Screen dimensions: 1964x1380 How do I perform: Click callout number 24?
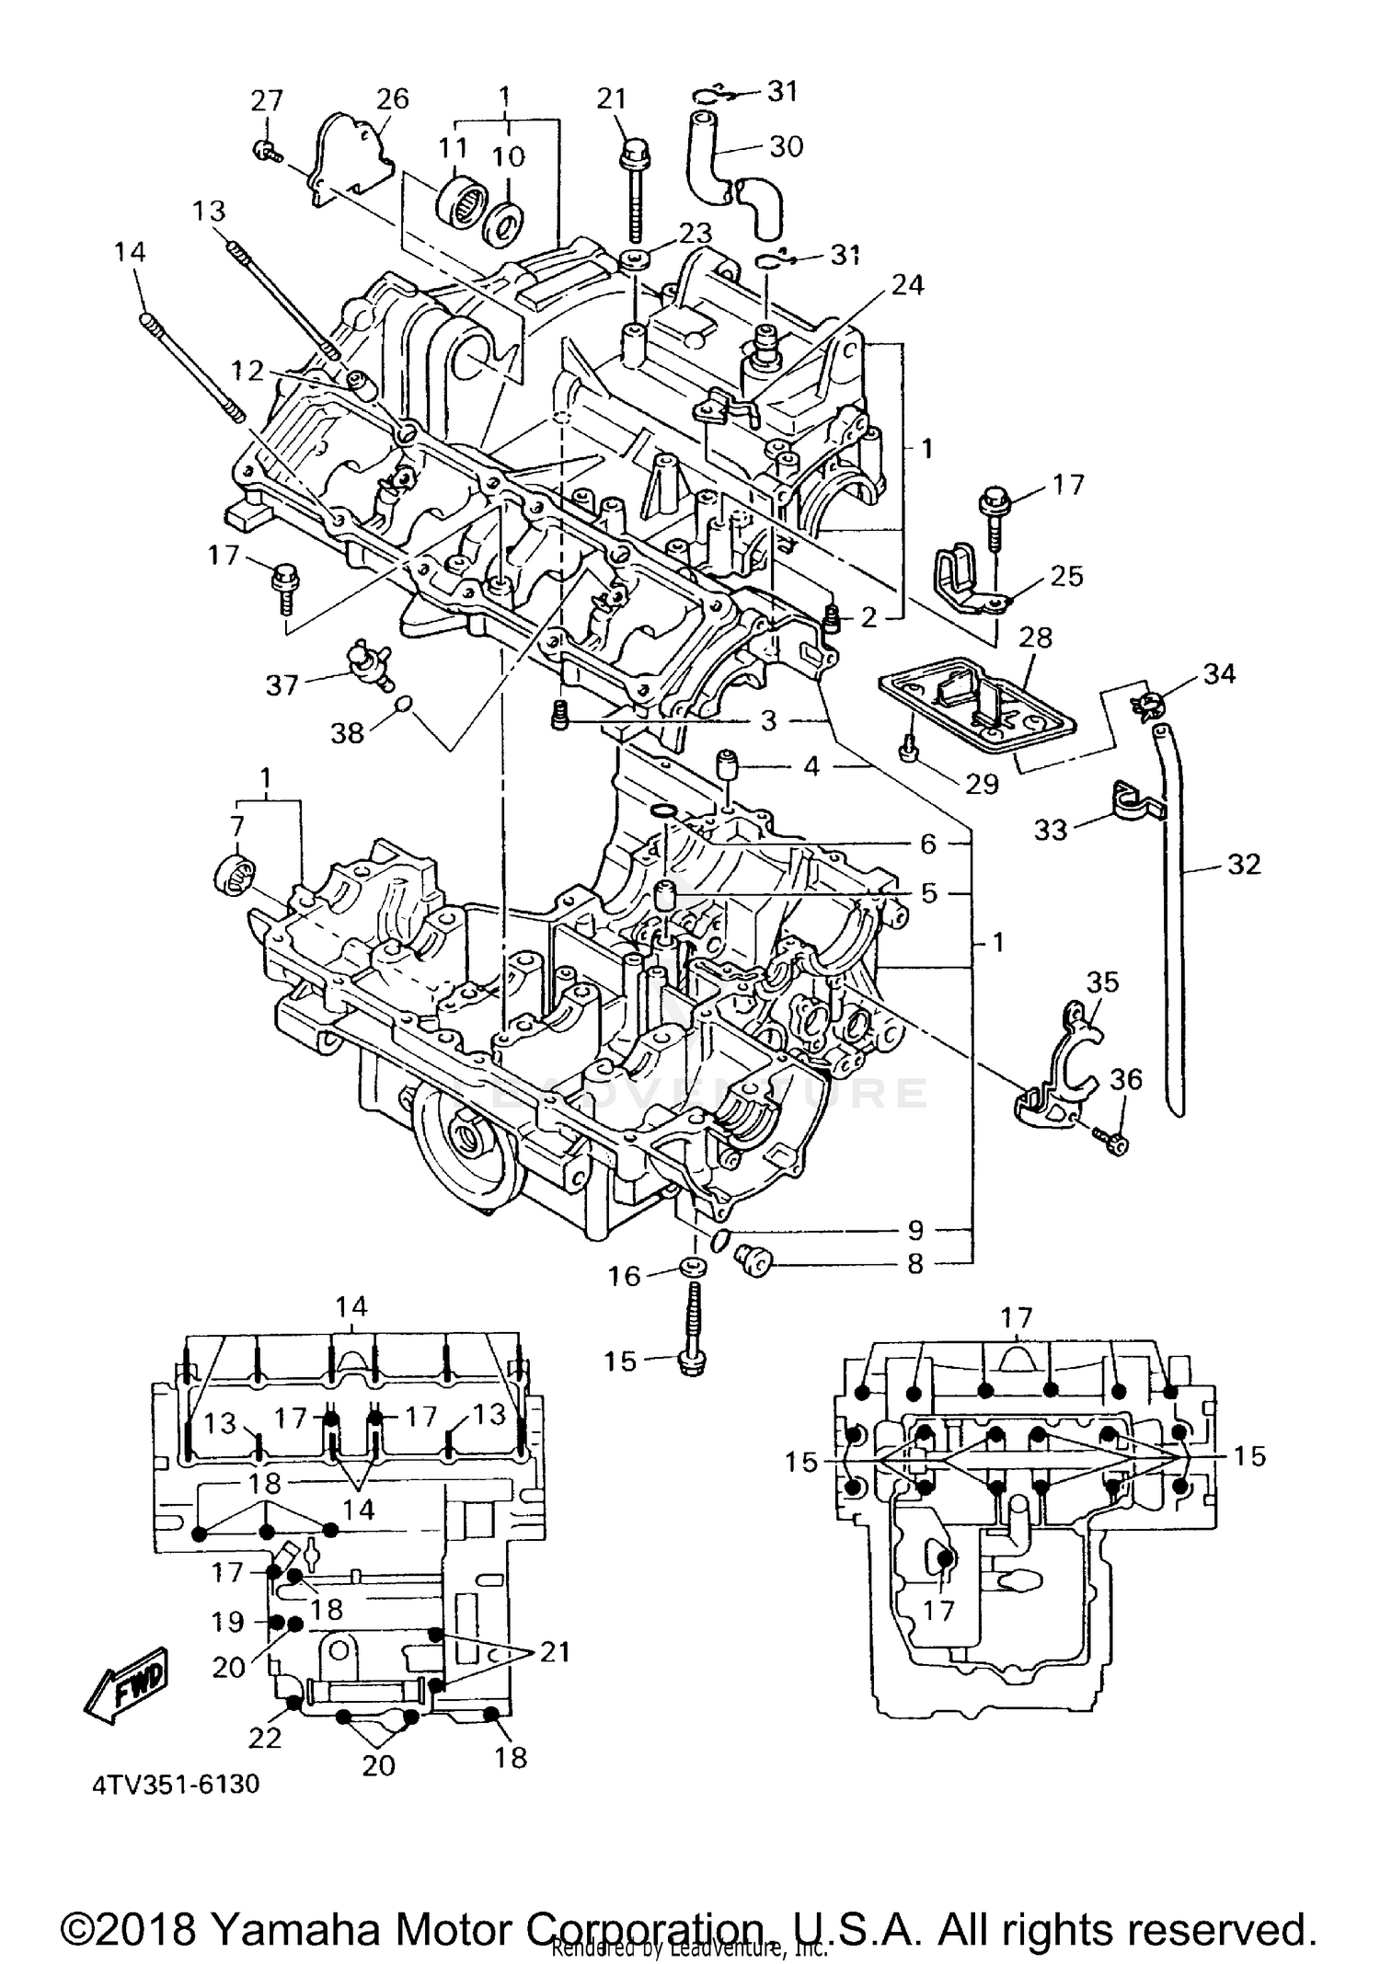pos(907,285)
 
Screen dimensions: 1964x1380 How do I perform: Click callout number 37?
pos(282,684)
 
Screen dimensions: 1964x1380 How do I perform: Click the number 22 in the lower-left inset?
pos(265,1737)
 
